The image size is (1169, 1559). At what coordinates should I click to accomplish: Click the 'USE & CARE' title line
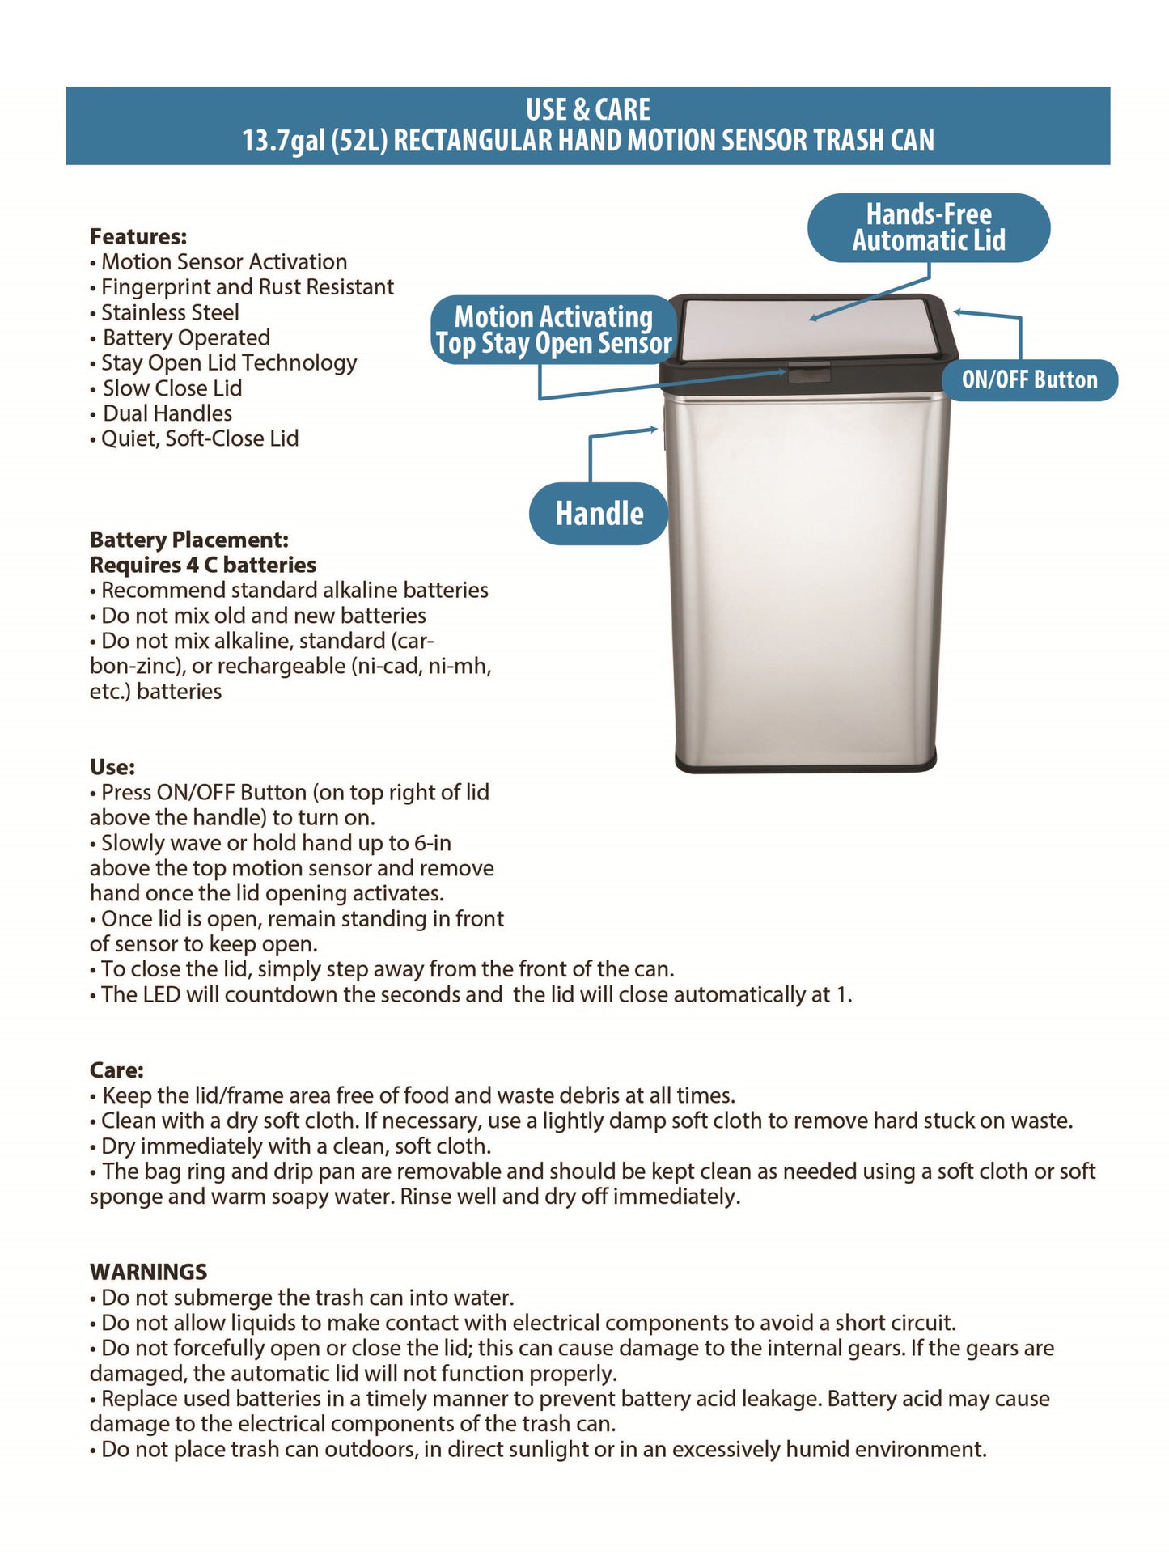588,109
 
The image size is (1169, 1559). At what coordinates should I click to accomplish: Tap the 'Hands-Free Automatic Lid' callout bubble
928,227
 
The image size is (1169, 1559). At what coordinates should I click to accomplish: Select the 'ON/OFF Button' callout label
1029,379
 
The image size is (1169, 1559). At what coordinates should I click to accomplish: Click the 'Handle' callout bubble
599,514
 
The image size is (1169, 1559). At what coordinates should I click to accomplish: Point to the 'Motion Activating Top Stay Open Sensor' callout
553,329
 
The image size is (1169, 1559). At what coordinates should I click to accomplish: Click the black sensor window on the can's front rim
809,374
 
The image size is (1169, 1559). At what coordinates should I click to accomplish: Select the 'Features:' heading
138,237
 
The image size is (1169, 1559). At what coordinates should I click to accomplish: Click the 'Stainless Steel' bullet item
170,312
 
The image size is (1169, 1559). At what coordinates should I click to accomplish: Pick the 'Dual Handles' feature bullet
167,413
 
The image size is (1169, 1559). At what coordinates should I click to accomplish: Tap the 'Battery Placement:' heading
189,540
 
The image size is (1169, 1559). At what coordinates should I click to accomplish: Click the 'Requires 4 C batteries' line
203,565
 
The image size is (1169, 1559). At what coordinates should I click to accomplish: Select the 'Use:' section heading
112,767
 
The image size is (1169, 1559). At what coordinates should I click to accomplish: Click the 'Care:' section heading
116,1070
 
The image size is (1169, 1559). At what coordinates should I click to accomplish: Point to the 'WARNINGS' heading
149,1272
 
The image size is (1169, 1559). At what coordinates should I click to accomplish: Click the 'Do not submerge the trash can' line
307,1298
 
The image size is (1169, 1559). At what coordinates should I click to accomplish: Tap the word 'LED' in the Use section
162,994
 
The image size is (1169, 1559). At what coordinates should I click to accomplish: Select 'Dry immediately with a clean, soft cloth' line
296,1146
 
